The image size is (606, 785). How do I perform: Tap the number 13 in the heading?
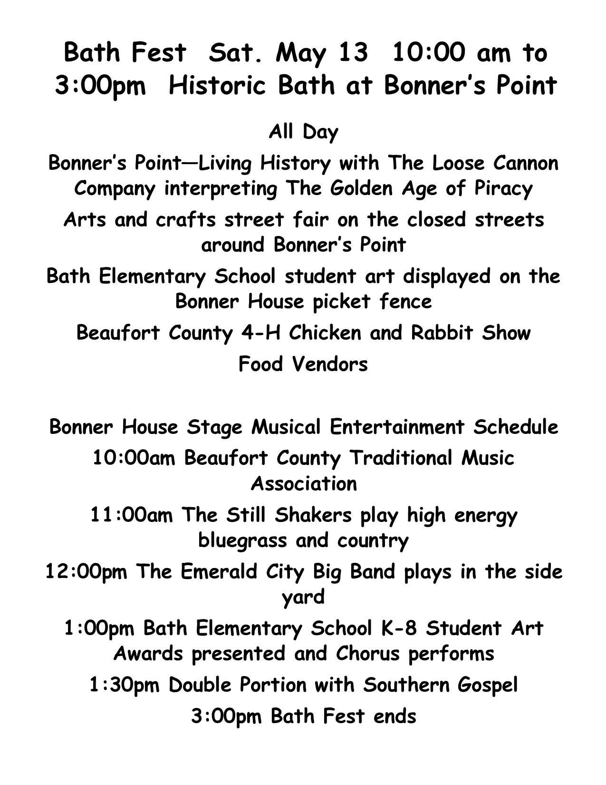(352, 52)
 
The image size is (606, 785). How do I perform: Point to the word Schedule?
(515, 427)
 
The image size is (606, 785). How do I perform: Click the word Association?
(303, 484)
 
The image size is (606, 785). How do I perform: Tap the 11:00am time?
(132, 515)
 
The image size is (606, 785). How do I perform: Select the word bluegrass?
(242, 541)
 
